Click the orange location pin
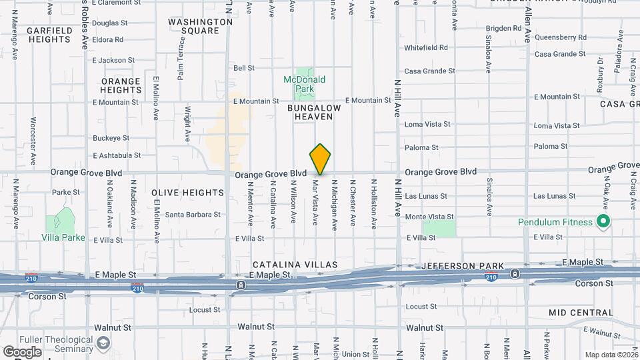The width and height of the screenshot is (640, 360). click(x=321, y=159)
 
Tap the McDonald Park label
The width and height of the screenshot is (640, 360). click(x=305, y=84)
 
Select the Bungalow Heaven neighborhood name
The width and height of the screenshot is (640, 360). click(x=314, y=112)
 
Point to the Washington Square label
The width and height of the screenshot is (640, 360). click(x=200, y=26)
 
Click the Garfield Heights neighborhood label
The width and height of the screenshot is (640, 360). click(x=49, y=35)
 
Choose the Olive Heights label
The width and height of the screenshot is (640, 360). click(x=187, y=193)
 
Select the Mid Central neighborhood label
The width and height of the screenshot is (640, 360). click(x=581, y=312)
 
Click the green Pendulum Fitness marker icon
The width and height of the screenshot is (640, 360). click(x=604, y=222)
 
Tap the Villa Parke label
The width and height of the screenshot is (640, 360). click(x=64, y=237)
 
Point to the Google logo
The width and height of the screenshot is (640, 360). click(x=23, y=351)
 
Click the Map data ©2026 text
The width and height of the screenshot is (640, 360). click(x=610, y=355)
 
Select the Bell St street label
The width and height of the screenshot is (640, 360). click(x=244, y=68)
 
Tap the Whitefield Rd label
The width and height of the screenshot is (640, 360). click(x=426, y=48)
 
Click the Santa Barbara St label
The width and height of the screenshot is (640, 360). click(x=193, y=215)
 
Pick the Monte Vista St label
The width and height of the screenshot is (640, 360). click(x=429, y=217)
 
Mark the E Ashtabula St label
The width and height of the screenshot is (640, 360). click(x=117, y=155)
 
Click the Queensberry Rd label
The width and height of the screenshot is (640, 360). click(x=561, y=37)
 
